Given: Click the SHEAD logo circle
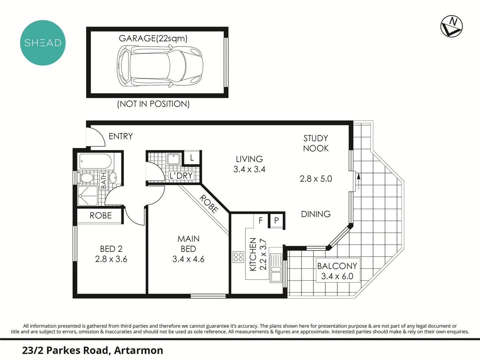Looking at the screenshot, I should tap(43, 43).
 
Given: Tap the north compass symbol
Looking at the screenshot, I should tap(452, 26).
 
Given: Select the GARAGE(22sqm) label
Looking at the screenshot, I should tap(153, 38).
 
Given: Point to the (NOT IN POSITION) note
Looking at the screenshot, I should tap(153, 104).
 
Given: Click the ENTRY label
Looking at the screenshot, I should tap(121, 136).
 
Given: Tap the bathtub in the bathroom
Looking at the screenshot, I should tap(95, 161).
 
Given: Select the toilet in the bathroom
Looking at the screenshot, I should tap(87, 178).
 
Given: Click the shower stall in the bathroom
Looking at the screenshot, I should tap(88, 196).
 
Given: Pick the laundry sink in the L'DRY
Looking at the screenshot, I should tap(173, 159).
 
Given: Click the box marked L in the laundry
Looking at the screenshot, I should tap(192, 158).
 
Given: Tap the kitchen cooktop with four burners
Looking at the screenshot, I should tap(238, 257).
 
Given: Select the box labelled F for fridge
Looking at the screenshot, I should tap(261, 220).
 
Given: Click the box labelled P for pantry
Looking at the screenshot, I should tap(276, 220).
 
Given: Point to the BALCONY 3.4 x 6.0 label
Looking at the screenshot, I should tap(337, 271).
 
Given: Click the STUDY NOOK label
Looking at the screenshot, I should tap(316, 143).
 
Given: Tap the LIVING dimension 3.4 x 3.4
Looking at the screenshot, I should tap(249, 169).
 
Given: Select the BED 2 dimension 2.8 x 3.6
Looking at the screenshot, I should tap(111, 259).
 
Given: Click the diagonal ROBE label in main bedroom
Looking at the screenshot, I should tap(209, 204).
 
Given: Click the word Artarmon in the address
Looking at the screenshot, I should tap(138, 350).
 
